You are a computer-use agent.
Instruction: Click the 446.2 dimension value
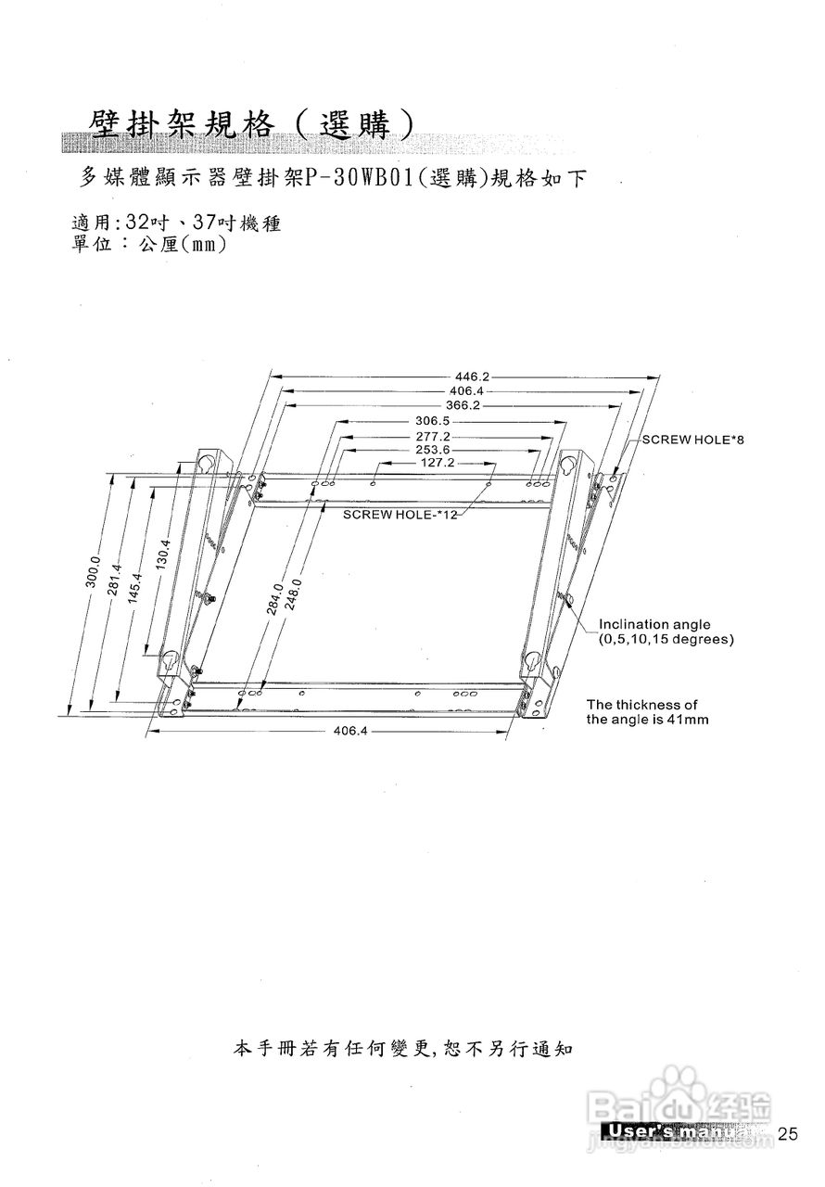tap(471, 377)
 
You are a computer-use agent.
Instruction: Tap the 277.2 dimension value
tap(433, 436)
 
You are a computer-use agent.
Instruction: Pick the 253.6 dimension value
tap(433, 450)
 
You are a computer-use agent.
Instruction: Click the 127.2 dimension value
tap(436, 462)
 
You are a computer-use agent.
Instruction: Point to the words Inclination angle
tap(654, 624)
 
